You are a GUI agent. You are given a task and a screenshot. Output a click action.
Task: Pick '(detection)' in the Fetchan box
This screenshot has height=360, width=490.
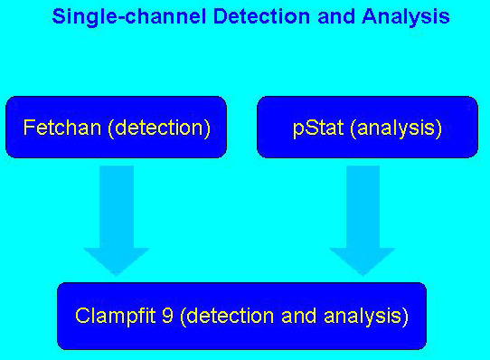(x=159, y=128)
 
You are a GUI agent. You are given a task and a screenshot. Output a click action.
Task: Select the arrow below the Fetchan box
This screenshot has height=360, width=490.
(x=117, y=217)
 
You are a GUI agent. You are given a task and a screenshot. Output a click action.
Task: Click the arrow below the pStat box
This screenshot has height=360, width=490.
(x=362, y=217)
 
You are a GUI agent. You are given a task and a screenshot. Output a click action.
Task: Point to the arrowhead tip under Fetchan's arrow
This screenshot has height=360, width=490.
(x=117, y=272)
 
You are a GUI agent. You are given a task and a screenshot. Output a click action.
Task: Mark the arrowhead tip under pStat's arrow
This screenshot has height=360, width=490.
(x=362, y=272)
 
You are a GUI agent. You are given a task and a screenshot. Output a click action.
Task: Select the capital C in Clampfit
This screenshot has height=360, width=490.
(x=82, y=317)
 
